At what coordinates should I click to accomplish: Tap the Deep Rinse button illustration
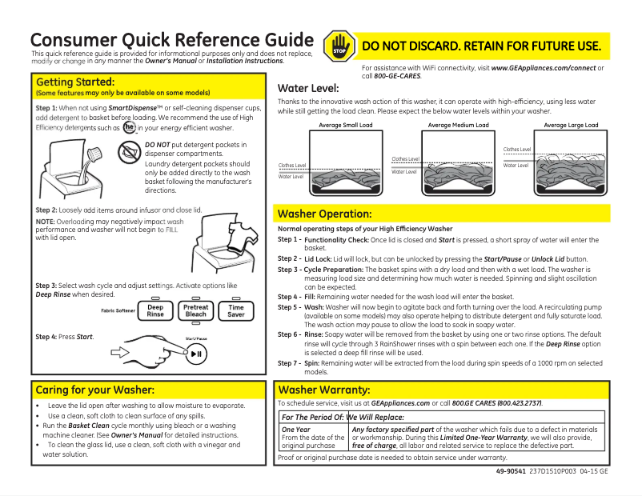[x=155, y=311]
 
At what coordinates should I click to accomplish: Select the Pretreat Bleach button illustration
[x=195, y=311]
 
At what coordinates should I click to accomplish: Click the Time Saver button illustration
[x=236, y=311]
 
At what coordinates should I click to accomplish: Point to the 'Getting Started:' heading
[x=75, y=82]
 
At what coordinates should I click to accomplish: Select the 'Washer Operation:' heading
[x=323, y=214]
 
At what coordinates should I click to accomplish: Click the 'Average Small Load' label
[x=345, y=126]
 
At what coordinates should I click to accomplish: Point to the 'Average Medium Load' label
[x=458, y=126]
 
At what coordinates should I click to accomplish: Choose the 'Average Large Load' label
[x=571, y=126]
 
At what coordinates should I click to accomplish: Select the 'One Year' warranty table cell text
[x=295, y=430]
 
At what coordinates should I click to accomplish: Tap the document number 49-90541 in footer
[x=511, y=472]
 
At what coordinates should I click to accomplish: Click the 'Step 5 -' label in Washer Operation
[x=289, y=306]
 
